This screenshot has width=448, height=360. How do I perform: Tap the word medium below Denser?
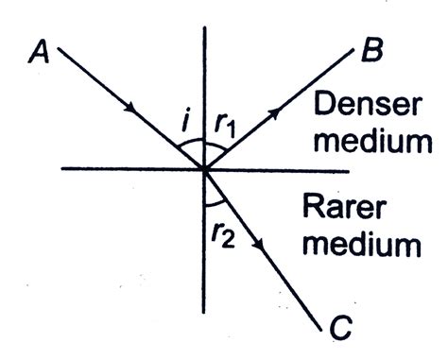pos(375,143)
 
